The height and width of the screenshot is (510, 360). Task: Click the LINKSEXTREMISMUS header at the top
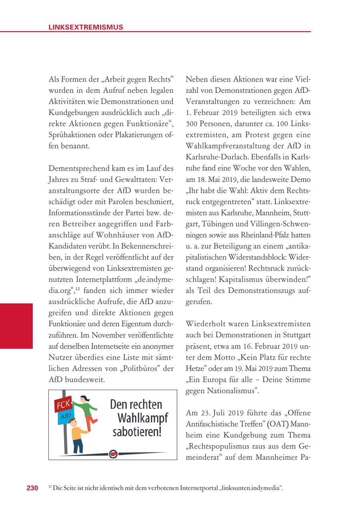[x=86, y=27]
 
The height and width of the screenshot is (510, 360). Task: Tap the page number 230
[x=32, y=488]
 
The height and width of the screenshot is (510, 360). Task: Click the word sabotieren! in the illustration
[x=137, y=432]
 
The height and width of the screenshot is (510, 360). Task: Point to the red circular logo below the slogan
[x=113, y=454]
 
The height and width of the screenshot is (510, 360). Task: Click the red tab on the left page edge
[x=16, y=326]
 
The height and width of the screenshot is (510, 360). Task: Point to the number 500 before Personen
[x=192, y=124]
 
